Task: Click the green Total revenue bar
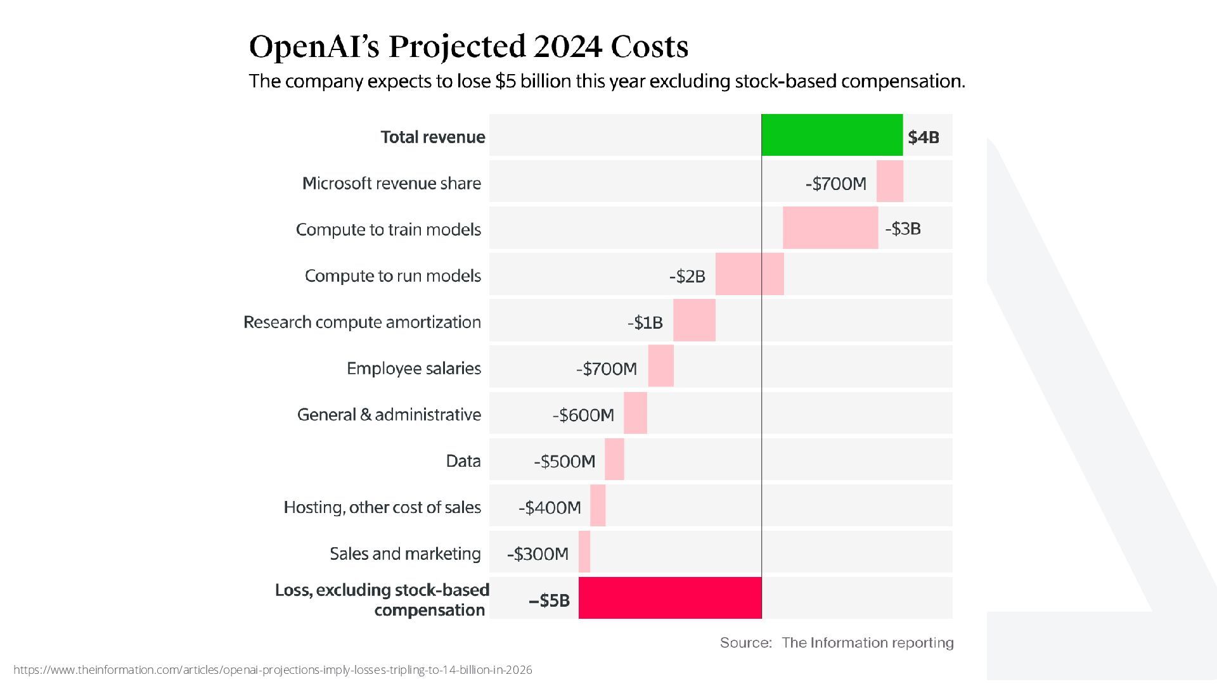tap(832, 135)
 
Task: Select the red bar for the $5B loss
tap(670, 597)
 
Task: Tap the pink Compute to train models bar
tap(830, 227)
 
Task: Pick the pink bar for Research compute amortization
tap(694, 320)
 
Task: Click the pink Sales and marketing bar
tap(584, 552)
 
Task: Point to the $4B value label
tap(923, 137)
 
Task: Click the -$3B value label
tap(903, 229)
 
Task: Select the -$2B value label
tap(687, 276)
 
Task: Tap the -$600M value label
tap(583, 415)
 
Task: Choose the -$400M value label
tap(550, 507)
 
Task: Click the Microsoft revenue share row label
tap(392, 184)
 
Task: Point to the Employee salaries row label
tap(414, 369)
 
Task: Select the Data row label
tap(463, 461)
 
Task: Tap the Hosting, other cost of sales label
tap(382, 507)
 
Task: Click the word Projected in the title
tap(457, 47)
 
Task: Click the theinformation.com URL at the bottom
tap(273, 670)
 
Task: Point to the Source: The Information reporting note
tap(837, 643)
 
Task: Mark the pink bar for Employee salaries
tap(660, 366)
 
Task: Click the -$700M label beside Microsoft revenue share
tap(835, 184)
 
